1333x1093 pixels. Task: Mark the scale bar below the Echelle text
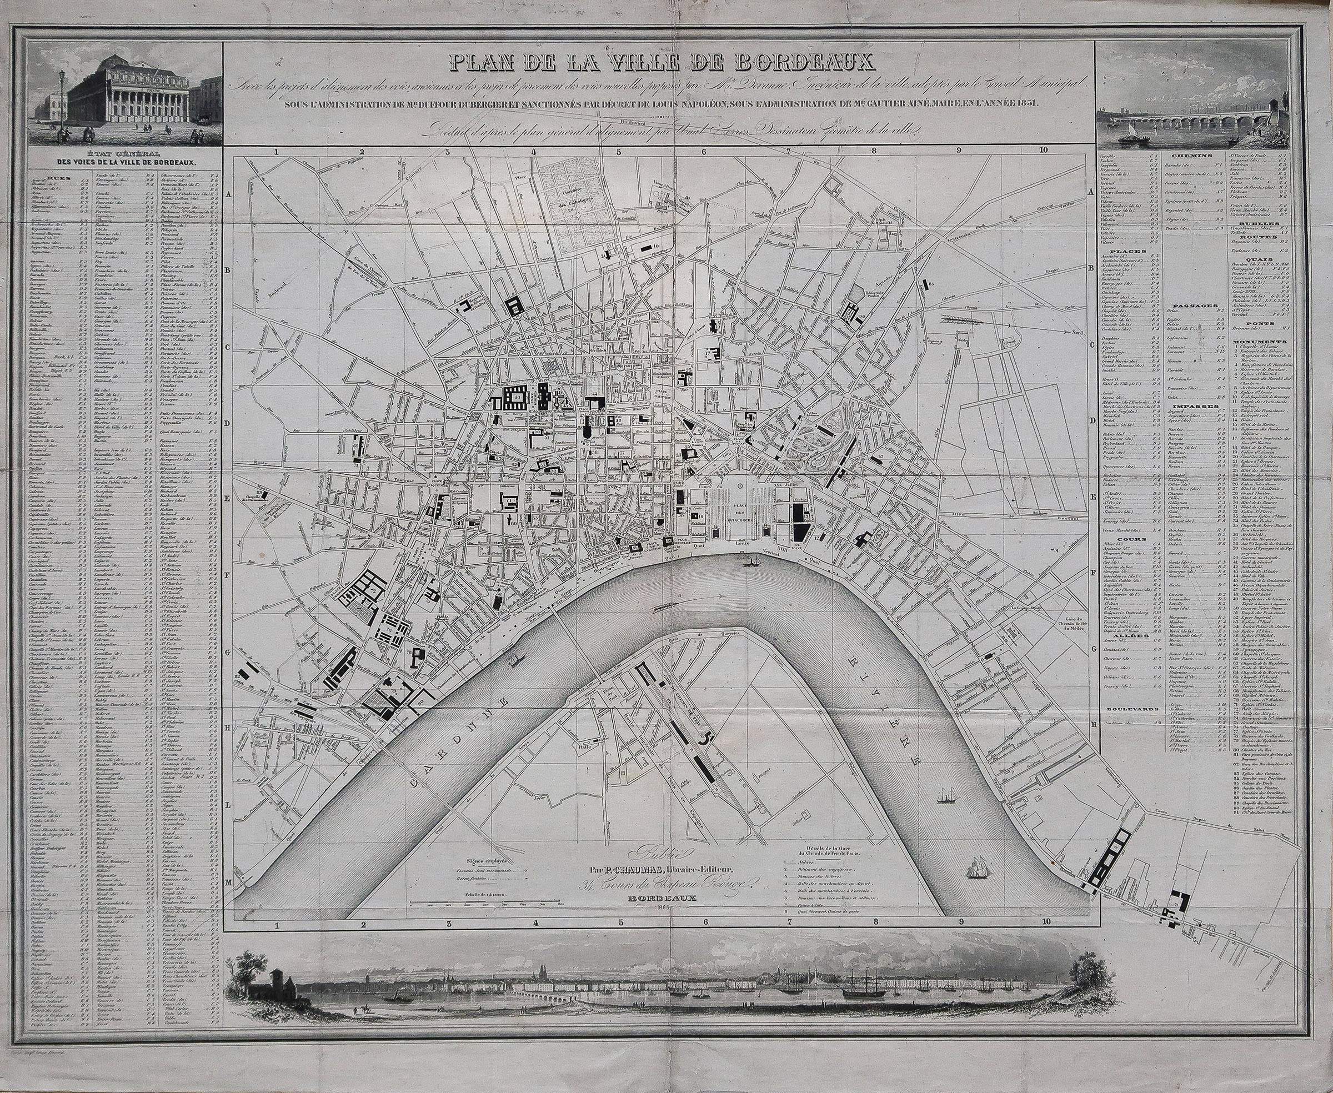485,904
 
